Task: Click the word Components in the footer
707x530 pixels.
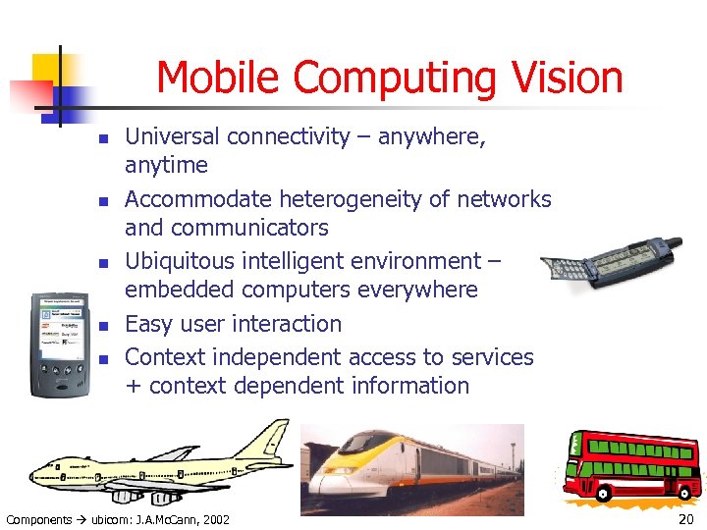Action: [x=39, y=519]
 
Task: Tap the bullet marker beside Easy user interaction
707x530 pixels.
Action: [x=102, y=325]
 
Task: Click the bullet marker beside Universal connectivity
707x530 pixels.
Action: [x=102, y=138]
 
